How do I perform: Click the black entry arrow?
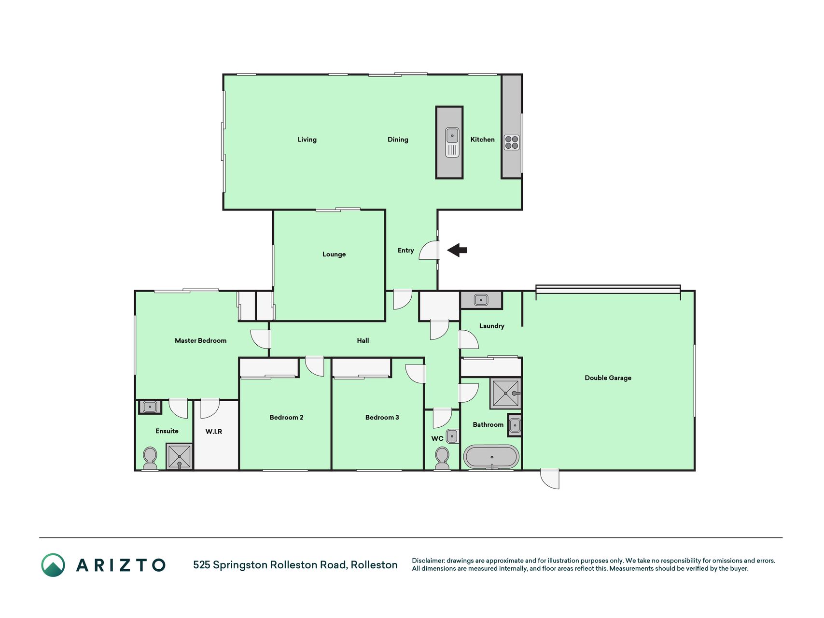click(x=457, y=250)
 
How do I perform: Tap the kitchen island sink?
click(x=452, y=142)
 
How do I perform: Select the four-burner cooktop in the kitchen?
click(x=512, y=142)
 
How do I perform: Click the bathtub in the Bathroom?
click(x=491, y=457)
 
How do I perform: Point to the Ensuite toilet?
click(x=150, y=458)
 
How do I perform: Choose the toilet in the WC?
click(x=442, y=458)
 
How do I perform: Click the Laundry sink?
click(x=481, y=300)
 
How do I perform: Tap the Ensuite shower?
click(x=180, y=456)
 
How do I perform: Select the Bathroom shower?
click(x=505, y=393)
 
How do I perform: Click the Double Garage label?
click(x=608, y=378)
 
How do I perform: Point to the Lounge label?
click(x=334, y=254)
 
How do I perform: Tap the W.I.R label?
click(x=214, y=431)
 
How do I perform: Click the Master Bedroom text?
click(x=200, y=340)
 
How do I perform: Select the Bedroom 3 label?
click(x=382, y=417)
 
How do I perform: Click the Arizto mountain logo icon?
click(x=53, y=565)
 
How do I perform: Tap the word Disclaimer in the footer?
click(x=428, y=561)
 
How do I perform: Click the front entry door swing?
click(x=429, y=251)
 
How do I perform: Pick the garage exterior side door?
click(x=550, y=479)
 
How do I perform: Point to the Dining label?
click(x=398, y=140)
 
